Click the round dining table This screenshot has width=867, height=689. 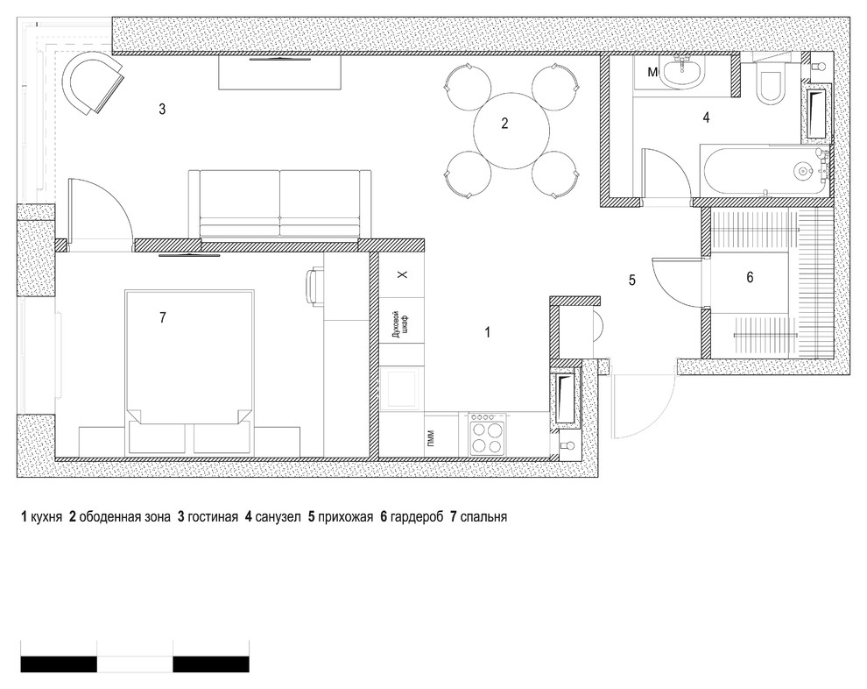(511, 131)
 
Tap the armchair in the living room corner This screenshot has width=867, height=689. (92, 83)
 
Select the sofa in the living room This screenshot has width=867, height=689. (279, 205)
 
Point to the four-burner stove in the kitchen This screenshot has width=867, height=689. (488, 435)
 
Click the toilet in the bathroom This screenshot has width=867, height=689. (772, 84)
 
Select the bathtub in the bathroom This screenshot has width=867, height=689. (765, 170)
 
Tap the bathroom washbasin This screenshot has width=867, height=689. (684, 74)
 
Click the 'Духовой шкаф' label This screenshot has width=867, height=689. (398, 325)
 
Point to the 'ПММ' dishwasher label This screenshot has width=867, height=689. (431, 438)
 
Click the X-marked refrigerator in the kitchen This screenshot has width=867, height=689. (402, 275)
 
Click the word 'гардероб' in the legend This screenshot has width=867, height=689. (416, 517)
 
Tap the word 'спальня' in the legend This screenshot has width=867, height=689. (483, 517)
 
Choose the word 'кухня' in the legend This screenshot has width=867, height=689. (47, 517)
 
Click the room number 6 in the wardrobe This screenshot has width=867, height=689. (750, 277)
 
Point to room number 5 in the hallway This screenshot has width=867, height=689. (632, 280)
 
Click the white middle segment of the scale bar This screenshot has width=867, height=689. (135, 664)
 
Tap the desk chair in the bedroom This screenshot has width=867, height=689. (313, 286)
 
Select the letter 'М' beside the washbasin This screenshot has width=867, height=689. (653, 72)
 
